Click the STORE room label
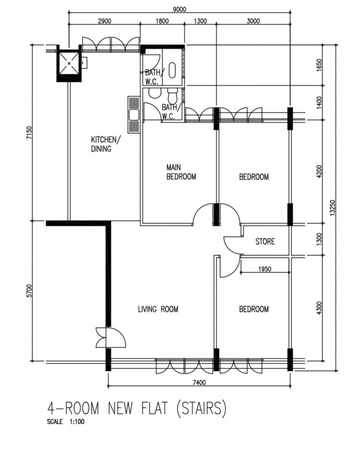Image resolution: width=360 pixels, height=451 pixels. [265, 241]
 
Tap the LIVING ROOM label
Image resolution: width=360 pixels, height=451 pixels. [158, 309]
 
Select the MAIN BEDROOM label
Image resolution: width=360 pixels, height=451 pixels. [181, 172]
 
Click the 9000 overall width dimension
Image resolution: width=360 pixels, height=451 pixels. [179, 9]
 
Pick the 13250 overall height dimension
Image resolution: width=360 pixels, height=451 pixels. [332, 207]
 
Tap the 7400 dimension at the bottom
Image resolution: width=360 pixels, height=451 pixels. [200, 382]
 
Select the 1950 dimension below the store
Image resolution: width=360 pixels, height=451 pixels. [264, 269]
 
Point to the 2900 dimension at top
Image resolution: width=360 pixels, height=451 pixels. [104, 21]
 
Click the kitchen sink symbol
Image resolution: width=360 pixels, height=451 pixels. [134, 115]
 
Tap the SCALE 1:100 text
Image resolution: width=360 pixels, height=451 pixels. [66, 422]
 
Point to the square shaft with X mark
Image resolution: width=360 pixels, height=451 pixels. [69, 63]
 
